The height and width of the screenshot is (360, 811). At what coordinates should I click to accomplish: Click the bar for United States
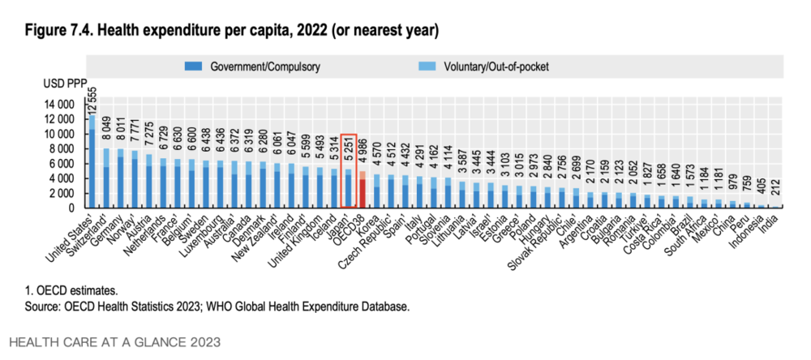click(92, 162)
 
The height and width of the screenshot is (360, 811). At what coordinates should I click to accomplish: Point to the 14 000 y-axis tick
click(62, 105)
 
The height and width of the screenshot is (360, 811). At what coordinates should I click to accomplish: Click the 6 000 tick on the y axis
click(66, 164)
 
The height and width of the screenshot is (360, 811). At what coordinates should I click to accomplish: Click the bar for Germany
click(120, 178)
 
